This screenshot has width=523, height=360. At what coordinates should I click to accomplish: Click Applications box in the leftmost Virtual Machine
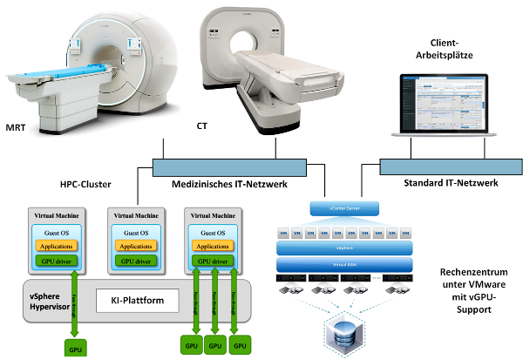click(56, 248)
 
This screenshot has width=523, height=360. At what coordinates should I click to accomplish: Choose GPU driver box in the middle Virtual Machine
click(134, 260)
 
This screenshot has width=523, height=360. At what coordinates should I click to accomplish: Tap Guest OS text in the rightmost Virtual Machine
click(214, 234)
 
